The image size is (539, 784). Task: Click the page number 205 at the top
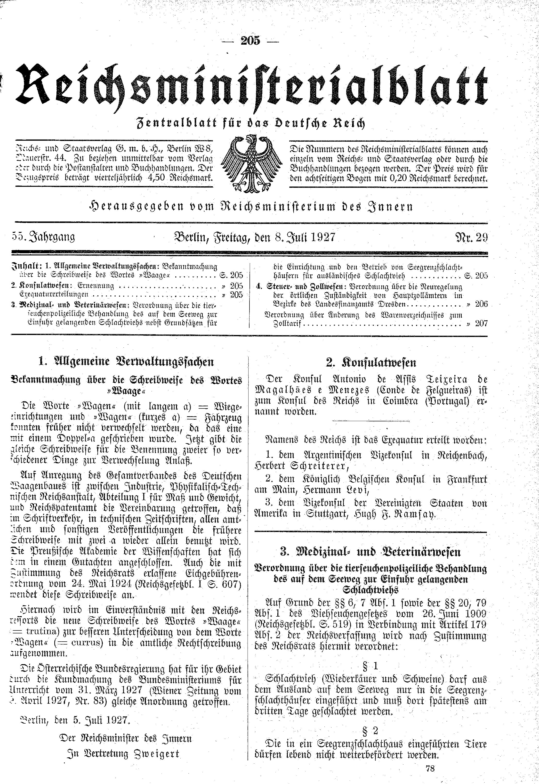(x=250, y=41)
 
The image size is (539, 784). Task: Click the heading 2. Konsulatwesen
(x=371, y=363)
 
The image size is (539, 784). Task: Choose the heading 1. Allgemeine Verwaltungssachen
(x=127, y=362)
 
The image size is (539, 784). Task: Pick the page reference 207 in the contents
(x=481, y=324)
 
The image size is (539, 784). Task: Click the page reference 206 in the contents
(x=481, y=304)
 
